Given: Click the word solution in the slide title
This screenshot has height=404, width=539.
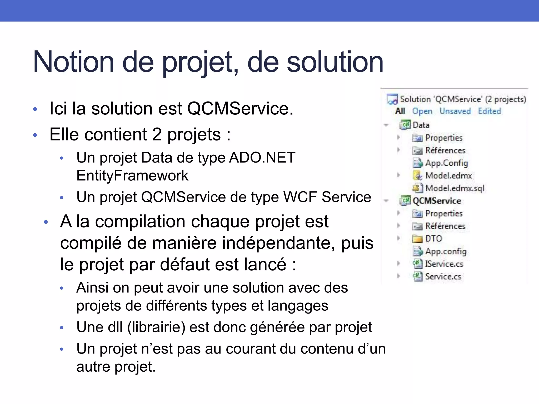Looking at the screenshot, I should [x=335, y=62].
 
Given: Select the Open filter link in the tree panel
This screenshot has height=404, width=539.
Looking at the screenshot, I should [x=422, y=111].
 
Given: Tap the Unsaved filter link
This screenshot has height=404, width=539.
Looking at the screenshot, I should [x=455, y=111].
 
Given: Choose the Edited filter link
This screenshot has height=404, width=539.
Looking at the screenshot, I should [x=489, y=111].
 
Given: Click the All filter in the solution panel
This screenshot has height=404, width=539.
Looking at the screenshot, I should [x=400, y=111].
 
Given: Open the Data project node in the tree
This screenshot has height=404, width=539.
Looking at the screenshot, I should [x=421, y=125].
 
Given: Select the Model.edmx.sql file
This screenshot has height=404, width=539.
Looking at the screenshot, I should [x=455, y=188].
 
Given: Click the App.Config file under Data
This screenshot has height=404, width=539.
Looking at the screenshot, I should [x=446, y=163].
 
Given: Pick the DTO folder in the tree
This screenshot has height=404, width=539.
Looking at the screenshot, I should [x=433, y=239].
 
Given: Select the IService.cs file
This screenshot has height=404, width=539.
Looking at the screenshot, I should [x=444, y=264].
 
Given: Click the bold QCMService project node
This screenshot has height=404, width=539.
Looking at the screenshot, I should [x=437, y=201].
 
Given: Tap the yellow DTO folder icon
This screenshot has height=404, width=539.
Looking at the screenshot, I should [x=417, y=239].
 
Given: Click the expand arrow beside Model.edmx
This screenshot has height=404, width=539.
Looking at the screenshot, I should [x=398, y=175].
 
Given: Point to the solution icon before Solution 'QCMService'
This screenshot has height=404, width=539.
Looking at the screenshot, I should [x=392, y=99].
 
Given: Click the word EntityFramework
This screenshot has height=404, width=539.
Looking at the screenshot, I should [x=132, y=175].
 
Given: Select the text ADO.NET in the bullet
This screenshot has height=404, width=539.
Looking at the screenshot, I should [x=262, y=158].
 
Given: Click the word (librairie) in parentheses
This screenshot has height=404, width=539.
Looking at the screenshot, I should [x=156, y=327].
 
